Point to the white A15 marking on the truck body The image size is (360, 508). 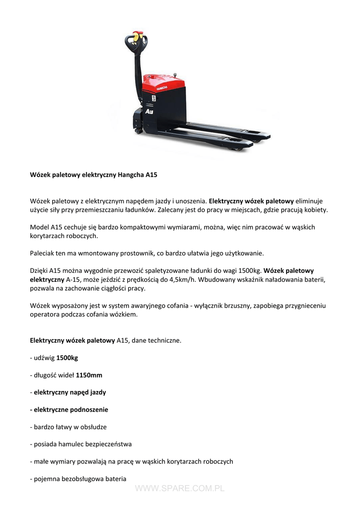coord(150,113)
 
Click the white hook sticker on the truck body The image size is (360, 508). coord(153,99)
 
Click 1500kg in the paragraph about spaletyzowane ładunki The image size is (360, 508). coord(248,270)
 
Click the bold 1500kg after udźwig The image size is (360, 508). coord(67,358)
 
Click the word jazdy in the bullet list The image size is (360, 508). coord(97,392)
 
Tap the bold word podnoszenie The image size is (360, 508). coord(89,410)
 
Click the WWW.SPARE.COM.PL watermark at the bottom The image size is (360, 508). coord(180,489)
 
